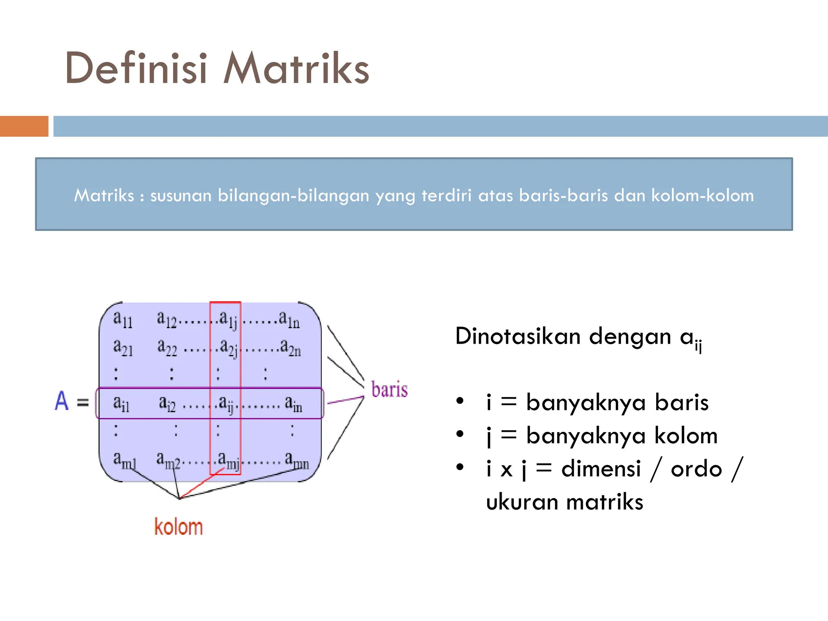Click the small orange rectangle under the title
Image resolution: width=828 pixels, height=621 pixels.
(24, 126)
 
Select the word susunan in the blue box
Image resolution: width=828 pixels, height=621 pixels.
(181, 196)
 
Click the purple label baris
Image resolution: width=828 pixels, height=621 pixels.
(389, 390)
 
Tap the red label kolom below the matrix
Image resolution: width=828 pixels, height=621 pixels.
(178, 527)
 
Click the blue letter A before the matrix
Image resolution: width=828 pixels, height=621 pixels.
(61, 401)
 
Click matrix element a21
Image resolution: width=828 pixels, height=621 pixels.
(123, 348)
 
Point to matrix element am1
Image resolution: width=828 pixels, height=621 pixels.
(125, 460)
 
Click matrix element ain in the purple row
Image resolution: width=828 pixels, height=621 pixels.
(293, 403)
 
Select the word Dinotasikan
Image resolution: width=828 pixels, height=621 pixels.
(518, 336)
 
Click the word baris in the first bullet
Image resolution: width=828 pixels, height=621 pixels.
(682, 403)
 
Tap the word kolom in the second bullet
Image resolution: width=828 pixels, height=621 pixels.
(686, 436)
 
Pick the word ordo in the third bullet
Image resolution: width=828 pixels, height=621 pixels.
(696, 469)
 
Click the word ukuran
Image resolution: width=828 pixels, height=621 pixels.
(523, 502)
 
